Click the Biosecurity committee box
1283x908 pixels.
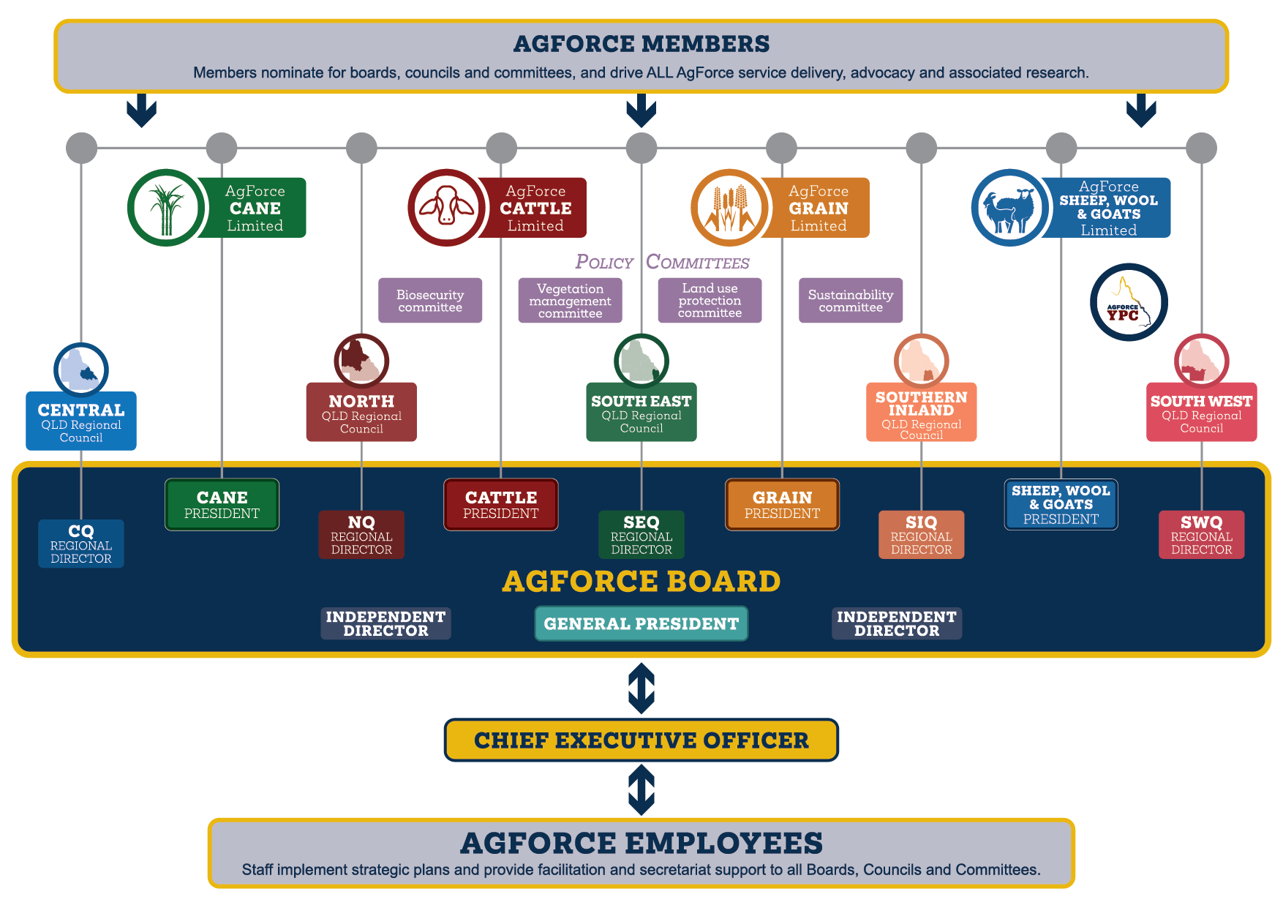[x=430, y=300]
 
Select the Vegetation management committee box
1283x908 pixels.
[x=570, y=300]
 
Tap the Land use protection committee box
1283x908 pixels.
[x=710, y=300]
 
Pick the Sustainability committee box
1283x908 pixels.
[x=851, y=300]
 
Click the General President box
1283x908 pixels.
[x=641, y=623]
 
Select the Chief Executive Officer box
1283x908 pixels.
[x=641, y=740]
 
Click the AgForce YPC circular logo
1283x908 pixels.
[x=1129, y=302]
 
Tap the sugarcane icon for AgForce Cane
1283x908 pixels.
[x=166, y=208]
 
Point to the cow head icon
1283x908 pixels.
[x=446, y=208]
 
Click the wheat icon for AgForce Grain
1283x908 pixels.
[x=729, y=208]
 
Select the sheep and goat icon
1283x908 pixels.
[x=1009, y=208]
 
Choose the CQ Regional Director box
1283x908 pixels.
[x=81, y=544]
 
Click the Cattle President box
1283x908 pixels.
[x=501, y=504]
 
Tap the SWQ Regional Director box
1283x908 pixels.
[x=1201, y=535]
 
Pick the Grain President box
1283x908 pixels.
[x=782, y=504]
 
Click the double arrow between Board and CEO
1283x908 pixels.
[x=641, y=688]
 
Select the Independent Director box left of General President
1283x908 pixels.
[x=385, y=623]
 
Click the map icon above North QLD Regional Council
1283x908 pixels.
[x=361, y=361]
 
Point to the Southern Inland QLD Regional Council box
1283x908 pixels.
[x=921, y=413]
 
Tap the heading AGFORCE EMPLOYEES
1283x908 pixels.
[x=641, y=843]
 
